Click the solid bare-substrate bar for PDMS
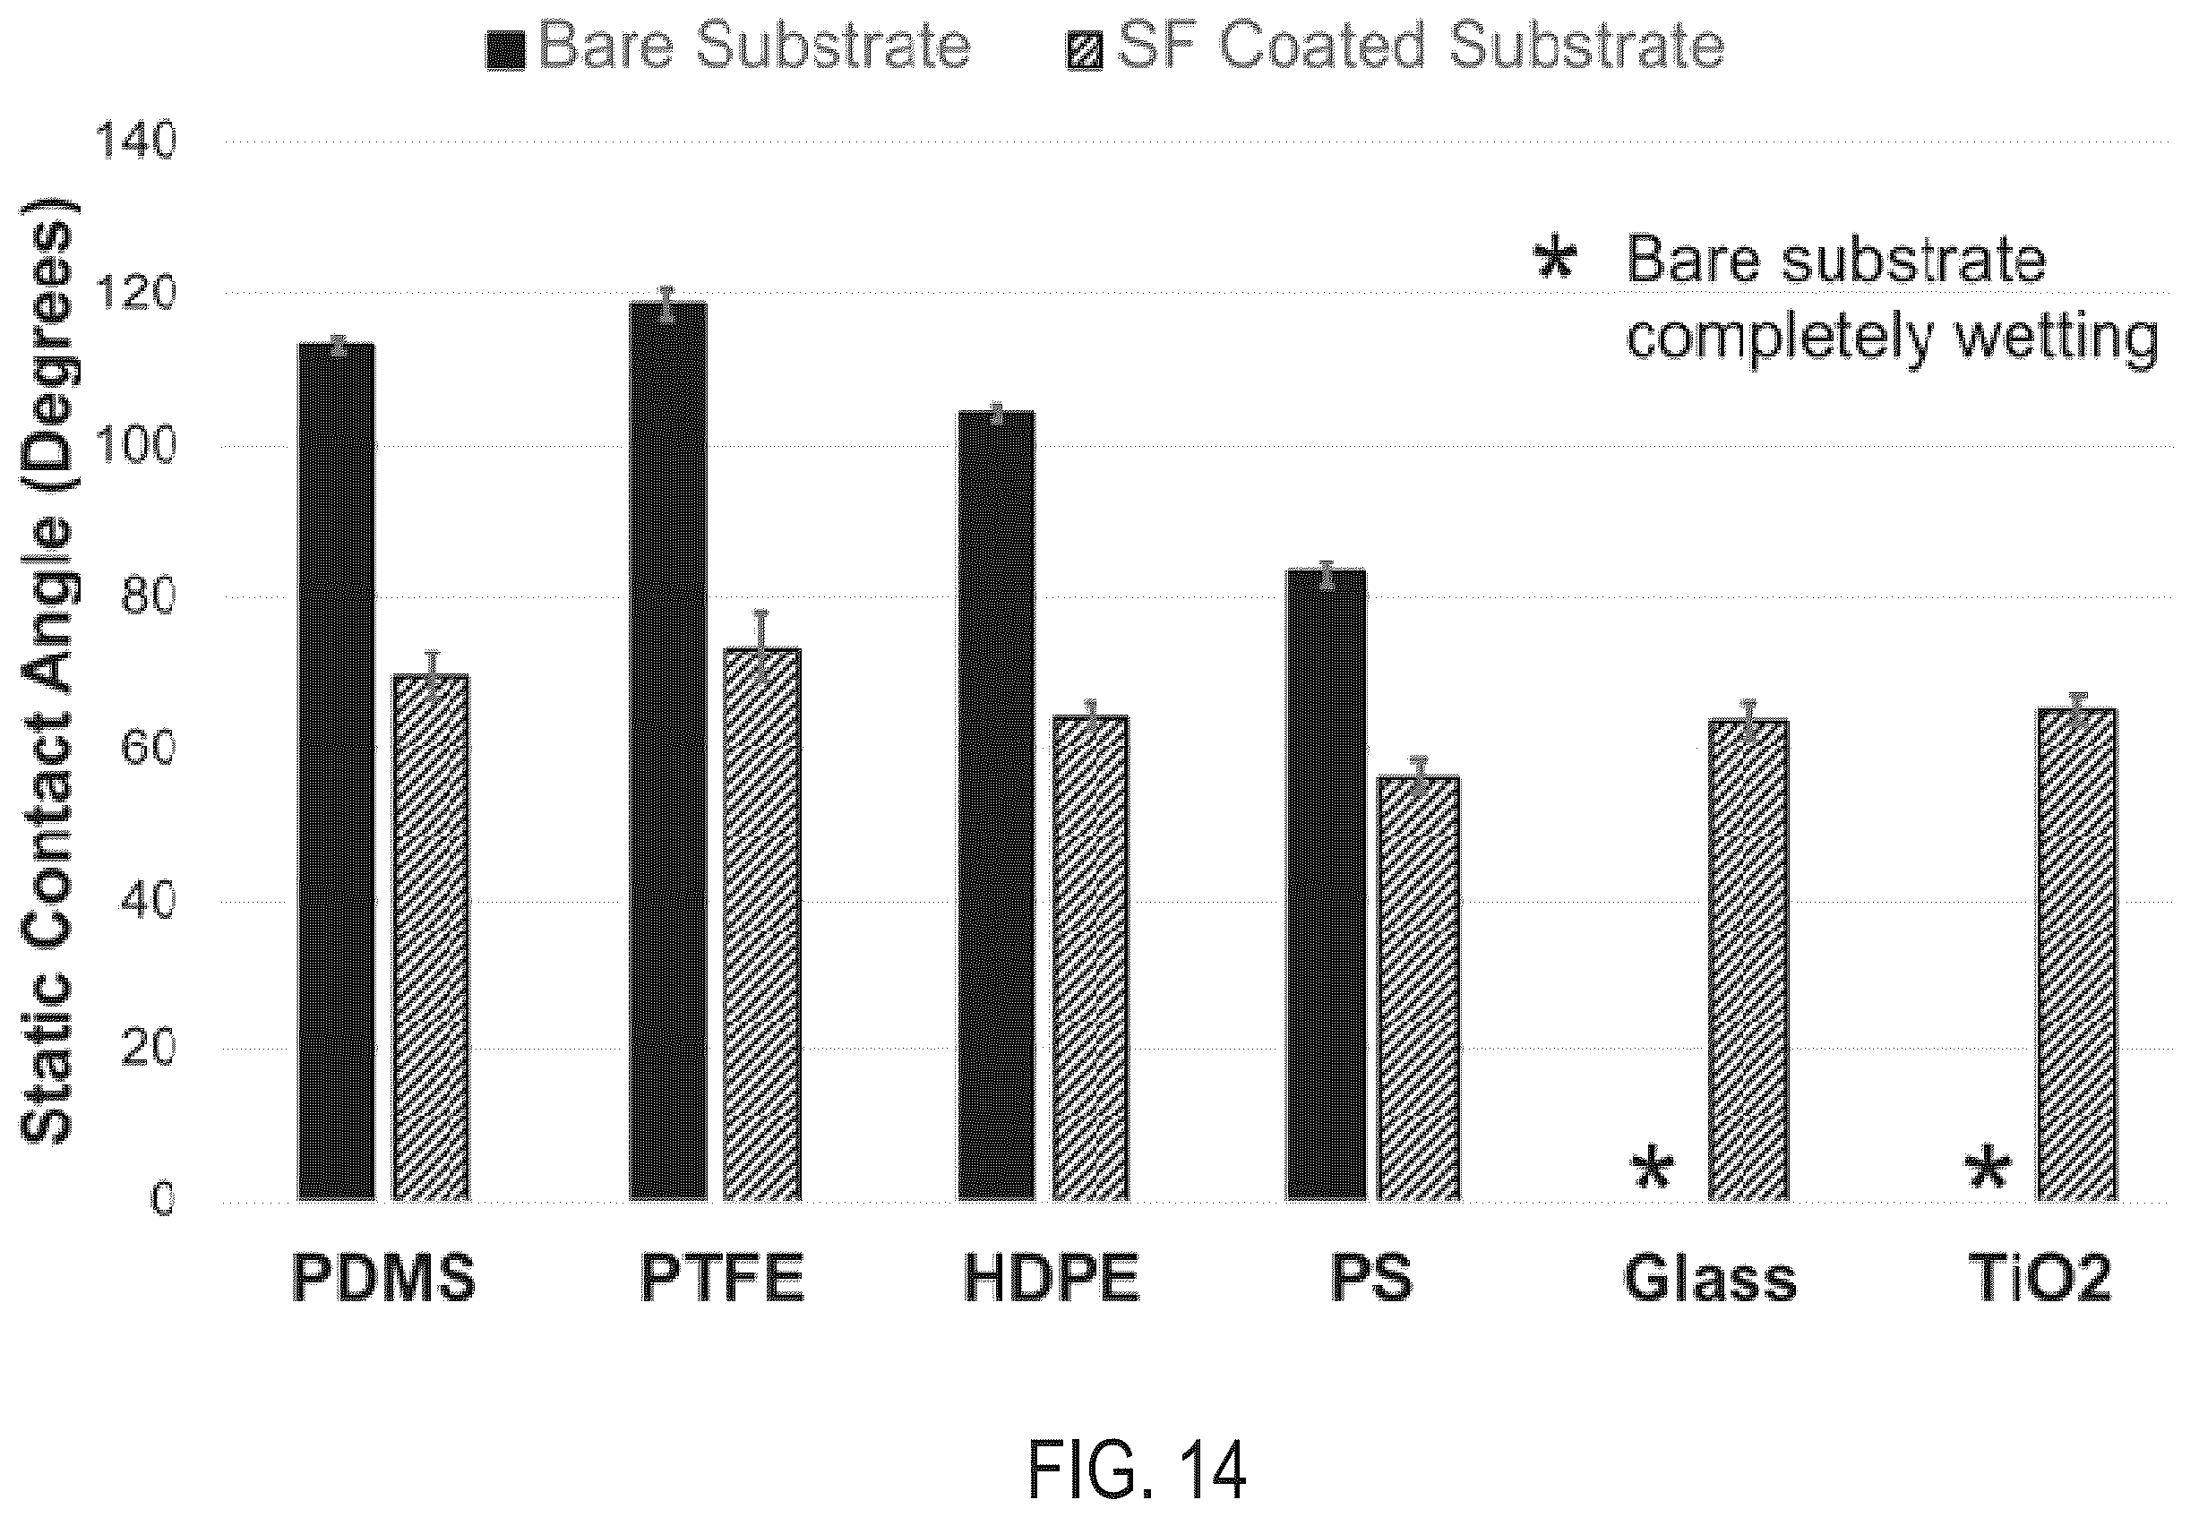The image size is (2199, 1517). point(337,771)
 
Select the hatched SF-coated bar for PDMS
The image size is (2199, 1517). point(432,938)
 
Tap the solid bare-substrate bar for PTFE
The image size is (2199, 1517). point(667,751)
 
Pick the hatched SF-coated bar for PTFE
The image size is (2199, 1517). point(761,924)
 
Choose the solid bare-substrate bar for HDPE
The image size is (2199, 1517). point(996,805)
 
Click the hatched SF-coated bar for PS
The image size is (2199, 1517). point(1420,988)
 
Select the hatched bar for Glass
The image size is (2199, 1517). point(1748,960)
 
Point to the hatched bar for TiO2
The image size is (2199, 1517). point(2077,955)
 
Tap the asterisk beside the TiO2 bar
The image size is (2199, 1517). point(1988,1170)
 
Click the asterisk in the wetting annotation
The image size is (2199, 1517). point(1556,259)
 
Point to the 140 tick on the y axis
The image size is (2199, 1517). point(135,142)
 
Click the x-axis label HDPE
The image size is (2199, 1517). point(1051,1279)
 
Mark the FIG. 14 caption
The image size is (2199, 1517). point(1137,1470)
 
